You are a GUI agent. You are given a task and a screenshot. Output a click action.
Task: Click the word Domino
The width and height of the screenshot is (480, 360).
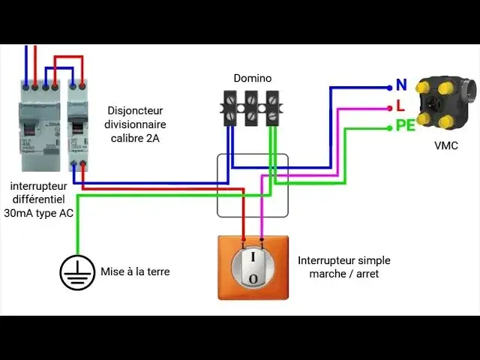point(253,78)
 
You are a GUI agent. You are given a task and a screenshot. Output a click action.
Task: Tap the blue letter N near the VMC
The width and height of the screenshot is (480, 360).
point(400,85)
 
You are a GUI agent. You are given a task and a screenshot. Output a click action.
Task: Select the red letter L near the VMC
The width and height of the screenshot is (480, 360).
point(400,106)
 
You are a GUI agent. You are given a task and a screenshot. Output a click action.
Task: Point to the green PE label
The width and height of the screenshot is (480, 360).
point(405,127)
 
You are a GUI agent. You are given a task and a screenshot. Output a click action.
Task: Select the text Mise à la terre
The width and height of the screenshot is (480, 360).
point(135,271)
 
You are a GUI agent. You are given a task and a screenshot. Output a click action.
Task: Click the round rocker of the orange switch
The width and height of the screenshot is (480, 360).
point(254,267)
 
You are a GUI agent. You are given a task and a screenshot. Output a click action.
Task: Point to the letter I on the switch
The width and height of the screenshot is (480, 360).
point(253,257)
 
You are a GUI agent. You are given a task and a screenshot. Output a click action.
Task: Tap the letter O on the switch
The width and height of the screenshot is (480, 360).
point(253,279)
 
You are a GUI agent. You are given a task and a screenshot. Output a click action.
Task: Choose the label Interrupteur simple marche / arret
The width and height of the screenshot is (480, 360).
point(343,267)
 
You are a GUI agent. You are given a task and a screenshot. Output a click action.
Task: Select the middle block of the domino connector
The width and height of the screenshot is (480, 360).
point(252,107)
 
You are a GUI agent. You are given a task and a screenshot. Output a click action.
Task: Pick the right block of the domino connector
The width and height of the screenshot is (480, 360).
point(272,107)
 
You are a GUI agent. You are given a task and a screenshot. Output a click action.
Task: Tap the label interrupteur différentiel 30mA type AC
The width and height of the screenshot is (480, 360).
point(42,199)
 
